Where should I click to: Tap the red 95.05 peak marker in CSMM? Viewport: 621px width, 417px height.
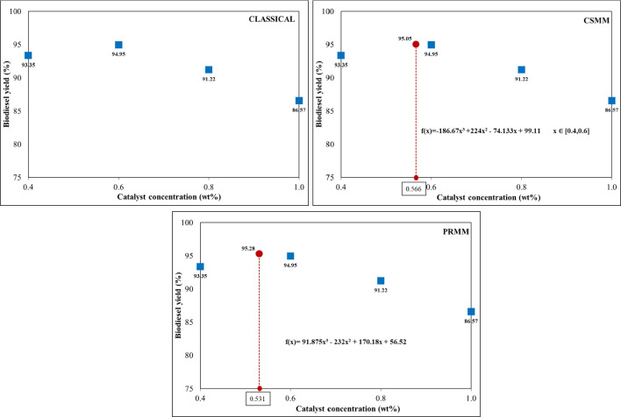coord(416,44)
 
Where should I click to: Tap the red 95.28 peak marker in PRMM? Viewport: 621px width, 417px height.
coord(260,254)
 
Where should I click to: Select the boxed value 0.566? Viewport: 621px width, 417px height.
coord(413,188)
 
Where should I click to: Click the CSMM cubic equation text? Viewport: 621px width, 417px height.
coord(484,131)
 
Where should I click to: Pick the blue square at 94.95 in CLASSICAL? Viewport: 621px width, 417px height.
coord(118,45)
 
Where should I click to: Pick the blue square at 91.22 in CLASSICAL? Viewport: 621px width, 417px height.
coord(209,69)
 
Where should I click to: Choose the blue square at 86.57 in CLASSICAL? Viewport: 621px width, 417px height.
coord(299,101)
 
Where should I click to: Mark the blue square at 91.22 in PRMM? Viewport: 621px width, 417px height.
coord(381,281)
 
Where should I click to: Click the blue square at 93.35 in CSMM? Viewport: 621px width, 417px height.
coord(341,55)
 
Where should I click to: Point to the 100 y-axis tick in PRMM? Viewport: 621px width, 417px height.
coord(188,223)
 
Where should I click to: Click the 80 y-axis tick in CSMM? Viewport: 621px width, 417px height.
coord(328,144)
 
